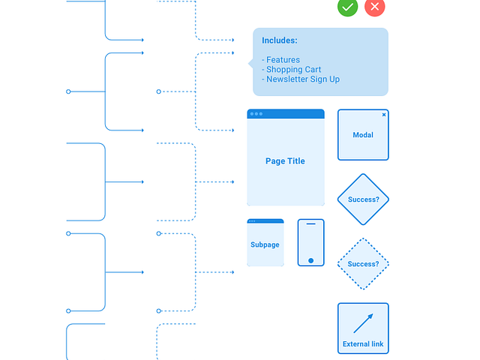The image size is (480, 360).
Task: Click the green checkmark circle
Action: click(x=347, y=7)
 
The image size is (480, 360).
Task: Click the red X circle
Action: click(x=375, y=7)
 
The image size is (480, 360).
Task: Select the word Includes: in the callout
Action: click(x=280, y=40)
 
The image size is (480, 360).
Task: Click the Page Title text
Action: click(x=285, y=161)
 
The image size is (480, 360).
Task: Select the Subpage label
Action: click(x=265, y=245)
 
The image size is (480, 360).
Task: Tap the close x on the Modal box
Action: click(x=384, y=115)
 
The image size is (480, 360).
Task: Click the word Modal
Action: click(x=363, y=135)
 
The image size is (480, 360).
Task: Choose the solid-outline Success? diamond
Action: click(x=363, y=199)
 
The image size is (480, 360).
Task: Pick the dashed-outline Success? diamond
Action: click(x=363, y=264)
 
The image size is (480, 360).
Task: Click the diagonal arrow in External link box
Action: click(x=363, y=323)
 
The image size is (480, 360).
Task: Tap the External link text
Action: click(x=363, y=344)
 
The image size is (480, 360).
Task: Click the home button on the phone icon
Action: click(x=311, y=260)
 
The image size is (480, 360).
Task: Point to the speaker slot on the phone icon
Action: click(x=311, y=223)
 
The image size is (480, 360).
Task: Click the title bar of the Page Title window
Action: click(x=286, y=114)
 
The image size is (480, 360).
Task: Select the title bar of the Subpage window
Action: click(x=265, y=221)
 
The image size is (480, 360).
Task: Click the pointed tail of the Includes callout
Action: click(x=250, y=63)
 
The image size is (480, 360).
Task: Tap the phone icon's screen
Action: click(x=311, y=241)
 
